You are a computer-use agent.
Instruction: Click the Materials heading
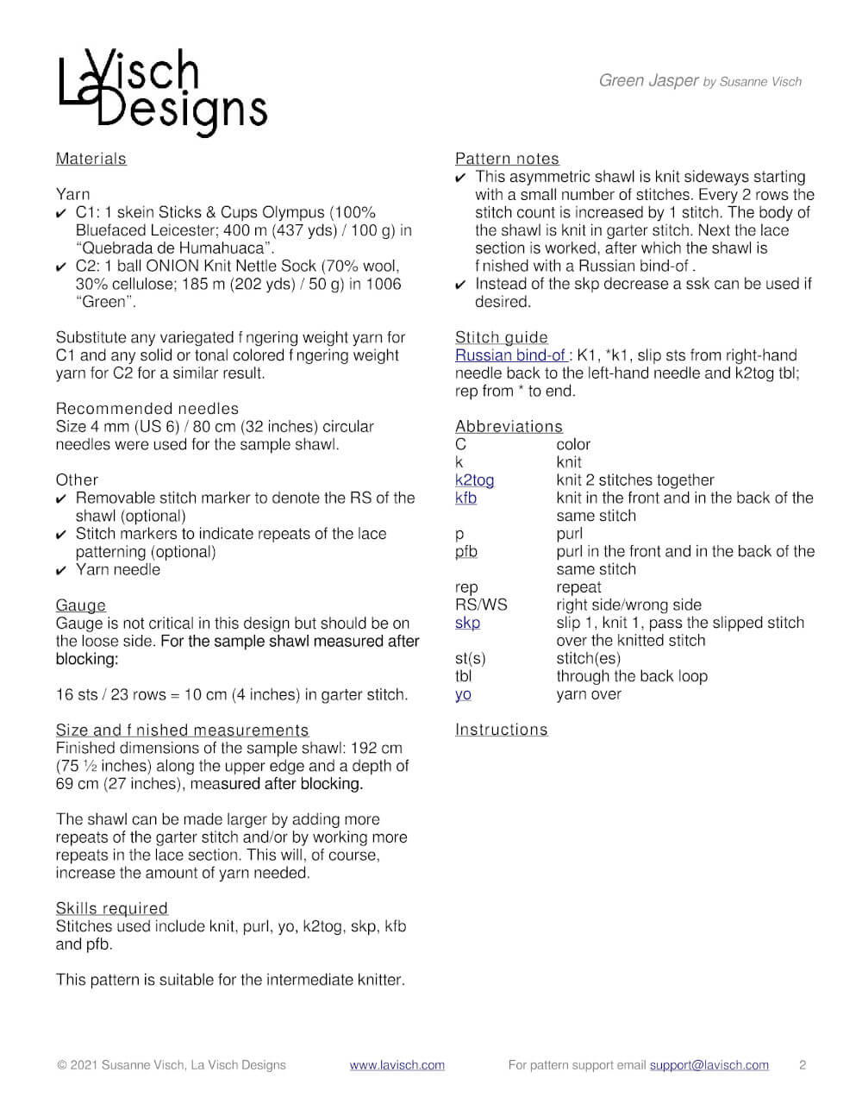tap(91, 159)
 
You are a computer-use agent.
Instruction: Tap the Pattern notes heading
tap(507, 159)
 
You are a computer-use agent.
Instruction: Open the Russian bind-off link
tap(510, 355)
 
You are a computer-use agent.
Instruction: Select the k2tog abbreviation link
tap(474, 480)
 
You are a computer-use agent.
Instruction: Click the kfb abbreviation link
tap(465, 498)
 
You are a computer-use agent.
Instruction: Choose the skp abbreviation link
tap(467, 623)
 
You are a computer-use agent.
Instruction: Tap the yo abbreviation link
tap(463, 694)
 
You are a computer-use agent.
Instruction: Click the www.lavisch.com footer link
tap(397, 1065)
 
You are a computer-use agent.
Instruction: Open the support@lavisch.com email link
tap(709, 1065)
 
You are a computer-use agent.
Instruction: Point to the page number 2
tap(803, 1065)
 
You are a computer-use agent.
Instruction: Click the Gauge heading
tap(81, 605)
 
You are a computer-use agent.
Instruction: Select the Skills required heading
tap(111, 908)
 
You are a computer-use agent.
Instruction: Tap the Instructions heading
tap(501, 730)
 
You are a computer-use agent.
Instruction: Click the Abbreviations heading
tap(509, 427)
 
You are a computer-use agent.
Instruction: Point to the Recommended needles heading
tap(147, 409)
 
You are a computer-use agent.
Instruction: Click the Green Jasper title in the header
tap(648, 81)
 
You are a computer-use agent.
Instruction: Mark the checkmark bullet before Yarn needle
tap(61, 571)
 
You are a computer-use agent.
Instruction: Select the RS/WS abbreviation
tap(481, 605)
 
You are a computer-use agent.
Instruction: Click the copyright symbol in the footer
tap(62, 1065)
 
